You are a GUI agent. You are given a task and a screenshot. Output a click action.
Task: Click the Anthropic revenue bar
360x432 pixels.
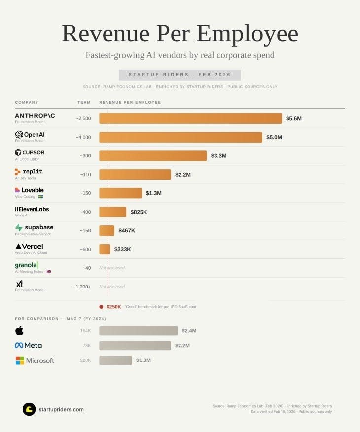pos(190,118)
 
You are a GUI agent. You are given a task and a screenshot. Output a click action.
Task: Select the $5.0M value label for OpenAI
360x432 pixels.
pos(274,137)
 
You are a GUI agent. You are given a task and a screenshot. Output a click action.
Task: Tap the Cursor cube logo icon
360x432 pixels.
pos(19,152)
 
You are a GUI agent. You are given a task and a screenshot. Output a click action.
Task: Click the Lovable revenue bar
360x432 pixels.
pos(120,193)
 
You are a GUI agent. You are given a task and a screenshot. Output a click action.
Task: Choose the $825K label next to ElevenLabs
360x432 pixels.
pos(139,212)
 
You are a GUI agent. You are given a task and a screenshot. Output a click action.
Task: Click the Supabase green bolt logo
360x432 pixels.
pos(19,228)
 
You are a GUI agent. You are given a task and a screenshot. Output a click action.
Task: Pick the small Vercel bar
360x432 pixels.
pos(105,249)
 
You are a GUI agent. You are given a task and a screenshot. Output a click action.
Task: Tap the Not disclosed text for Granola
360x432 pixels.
pos(112,268)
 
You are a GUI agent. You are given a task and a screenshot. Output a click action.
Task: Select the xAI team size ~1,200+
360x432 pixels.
pos(82,287)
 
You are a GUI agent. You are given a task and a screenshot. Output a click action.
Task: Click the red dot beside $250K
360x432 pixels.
pos(101,307)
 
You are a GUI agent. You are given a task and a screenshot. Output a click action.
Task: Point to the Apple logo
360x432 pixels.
pos(19,330)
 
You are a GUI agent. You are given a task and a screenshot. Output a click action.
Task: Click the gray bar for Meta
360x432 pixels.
pos(135,346)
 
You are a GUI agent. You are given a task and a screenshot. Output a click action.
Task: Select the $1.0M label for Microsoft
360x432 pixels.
pos(143,360)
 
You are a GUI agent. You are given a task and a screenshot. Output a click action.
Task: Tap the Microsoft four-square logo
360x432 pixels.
pos(20,360)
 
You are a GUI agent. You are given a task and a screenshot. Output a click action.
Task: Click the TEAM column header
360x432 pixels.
pos(84,103)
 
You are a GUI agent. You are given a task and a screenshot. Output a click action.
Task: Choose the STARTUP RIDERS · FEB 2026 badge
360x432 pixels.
pos(180,75)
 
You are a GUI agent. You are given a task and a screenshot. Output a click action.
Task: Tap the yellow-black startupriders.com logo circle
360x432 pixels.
pos(29,409)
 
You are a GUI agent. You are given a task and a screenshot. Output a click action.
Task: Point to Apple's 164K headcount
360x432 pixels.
pos(85,331)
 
